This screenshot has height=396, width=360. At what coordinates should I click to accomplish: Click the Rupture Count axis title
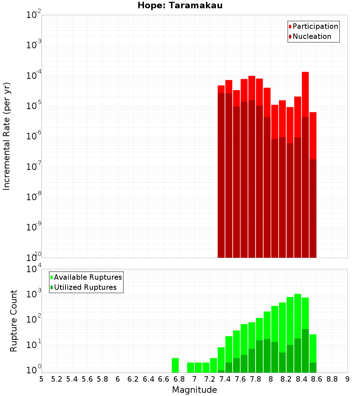coord(14,320)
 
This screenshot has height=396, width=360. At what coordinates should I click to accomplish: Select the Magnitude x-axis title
coord(194,390)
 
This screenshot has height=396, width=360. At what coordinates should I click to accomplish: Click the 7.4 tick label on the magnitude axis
coord(225,379)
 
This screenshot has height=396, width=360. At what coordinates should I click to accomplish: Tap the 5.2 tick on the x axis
coord(57,379)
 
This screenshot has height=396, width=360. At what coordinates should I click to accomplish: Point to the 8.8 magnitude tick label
coord(332,379)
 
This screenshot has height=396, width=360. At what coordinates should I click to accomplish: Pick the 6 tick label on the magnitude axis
coord(118,379)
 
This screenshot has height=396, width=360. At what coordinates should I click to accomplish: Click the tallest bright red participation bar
coord(305,94)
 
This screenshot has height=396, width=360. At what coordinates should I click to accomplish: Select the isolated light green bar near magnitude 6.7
coord(175,365)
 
